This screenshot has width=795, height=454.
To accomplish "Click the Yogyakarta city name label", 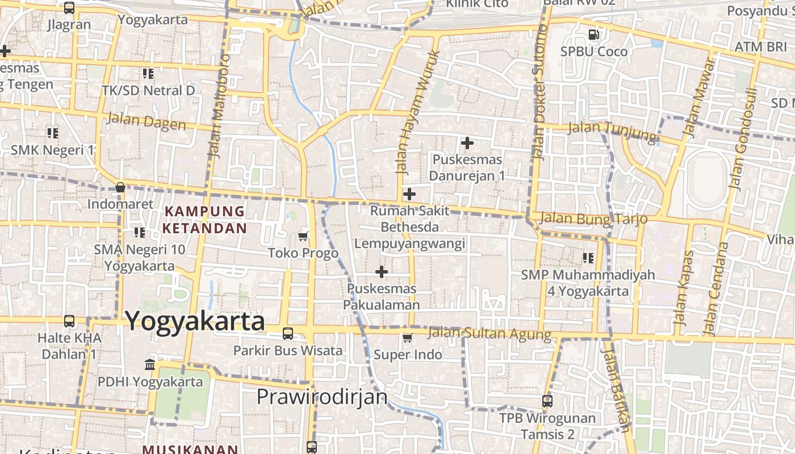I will point(195,321).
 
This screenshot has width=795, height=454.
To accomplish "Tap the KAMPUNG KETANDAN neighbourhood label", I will point(205,220).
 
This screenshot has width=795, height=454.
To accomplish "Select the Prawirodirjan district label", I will point(322,397).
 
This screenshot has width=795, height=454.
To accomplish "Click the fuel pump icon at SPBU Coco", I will point(594,35).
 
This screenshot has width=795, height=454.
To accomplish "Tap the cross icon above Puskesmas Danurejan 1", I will point(467,143).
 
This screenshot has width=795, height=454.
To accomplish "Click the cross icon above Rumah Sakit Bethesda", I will point(409,195).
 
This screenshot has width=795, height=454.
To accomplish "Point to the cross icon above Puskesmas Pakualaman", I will point(382,272).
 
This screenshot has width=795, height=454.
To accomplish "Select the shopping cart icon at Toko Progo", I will point(303,236).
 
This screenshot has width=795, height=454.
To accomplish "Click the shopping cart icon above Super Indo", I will point(407,338).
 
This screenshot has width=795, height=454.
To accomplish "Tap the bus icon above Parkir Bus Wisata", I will point(288,334).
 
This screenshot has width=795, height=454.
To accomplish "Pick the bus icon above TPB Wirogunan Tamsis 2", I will point(547,401).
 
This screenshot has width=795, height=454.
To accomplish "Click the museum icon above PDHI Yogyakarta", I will point(150,364).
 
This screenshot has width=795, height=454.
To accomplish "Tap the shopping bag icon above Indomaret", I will point(120,187).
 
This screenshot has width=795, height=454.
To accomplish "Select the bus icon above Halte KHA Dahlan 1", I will point(69,321).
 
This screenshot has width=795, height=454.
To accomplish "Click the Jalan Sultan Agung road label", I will point(489,334).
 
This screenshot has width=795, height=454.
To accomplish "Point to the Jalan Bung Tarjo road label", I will point(594,218).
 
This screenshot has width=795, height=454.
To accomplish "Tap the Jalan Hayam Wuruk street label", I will point(417,111).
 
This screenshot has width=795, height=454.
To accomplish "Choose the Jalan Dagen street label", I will point(146,121).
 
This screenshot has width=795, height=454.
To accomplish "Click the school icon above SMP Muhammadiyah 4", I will point(588,258).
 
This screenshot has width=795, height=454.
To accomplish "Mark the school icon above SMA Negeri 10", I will point(139,232).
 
